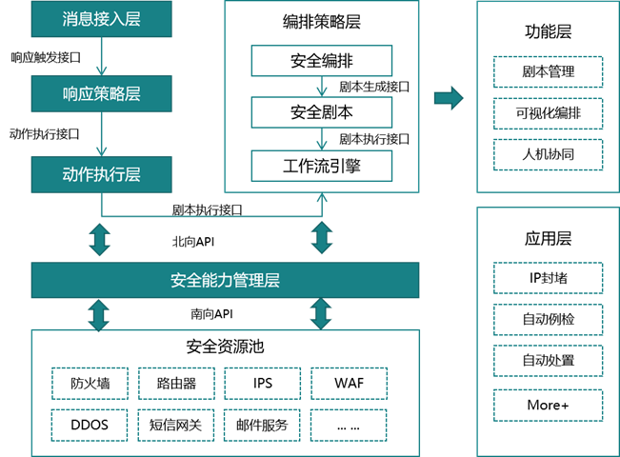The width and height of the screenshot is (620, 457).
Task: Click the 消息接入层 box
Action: click(x=101, y=18)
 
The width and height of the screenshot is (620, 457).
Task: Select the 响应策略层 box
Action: click(x=101, y=96)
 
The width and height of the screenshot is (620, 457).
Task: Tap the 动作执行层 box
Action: click(x=101, y=174)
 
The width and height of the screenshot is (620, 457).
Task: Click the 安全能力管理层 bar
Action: click(x=225, y=281)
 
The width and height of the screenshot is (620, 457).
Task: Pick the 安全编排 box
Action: click(x=321, y=62)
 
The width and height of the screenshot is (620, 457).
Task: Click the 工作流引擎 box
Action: click(x=321, y=167)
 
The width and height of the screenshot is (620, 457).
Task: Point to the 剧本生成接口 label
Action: click(x=374, y=88)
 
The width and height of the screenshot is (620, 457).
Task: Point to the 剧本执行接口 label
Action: click(x=374, y=140)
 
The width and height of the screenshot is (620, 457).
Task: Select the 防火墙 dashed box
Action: click(x=90, y=383)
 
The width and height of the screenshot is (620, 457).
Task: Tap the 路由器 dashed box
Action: click(x=176, y=383)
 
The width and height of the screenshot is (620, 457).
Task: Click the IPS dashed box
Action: click(x=263, y=383)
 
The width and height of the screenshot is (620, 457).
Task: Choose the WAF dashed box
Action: click(x=349, y=383)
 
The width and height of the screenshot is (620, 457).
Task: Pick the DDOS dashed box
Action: click(x=90, y=424)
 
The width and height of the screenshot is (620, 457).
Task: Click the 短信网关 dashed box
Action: click(x=176, y=424)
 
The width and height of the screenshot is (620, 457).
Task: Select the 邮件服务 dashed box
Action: click(x=263, y=424)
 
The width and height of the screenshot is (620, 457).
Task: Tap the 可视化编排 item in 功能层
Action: click(x=548, y=113)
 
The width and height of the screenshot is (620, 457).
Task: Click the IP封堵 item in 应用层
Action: click(x=548, y=279)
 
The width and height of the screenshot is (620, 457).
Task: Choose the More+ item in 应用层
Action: click(x=548, y=405)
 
